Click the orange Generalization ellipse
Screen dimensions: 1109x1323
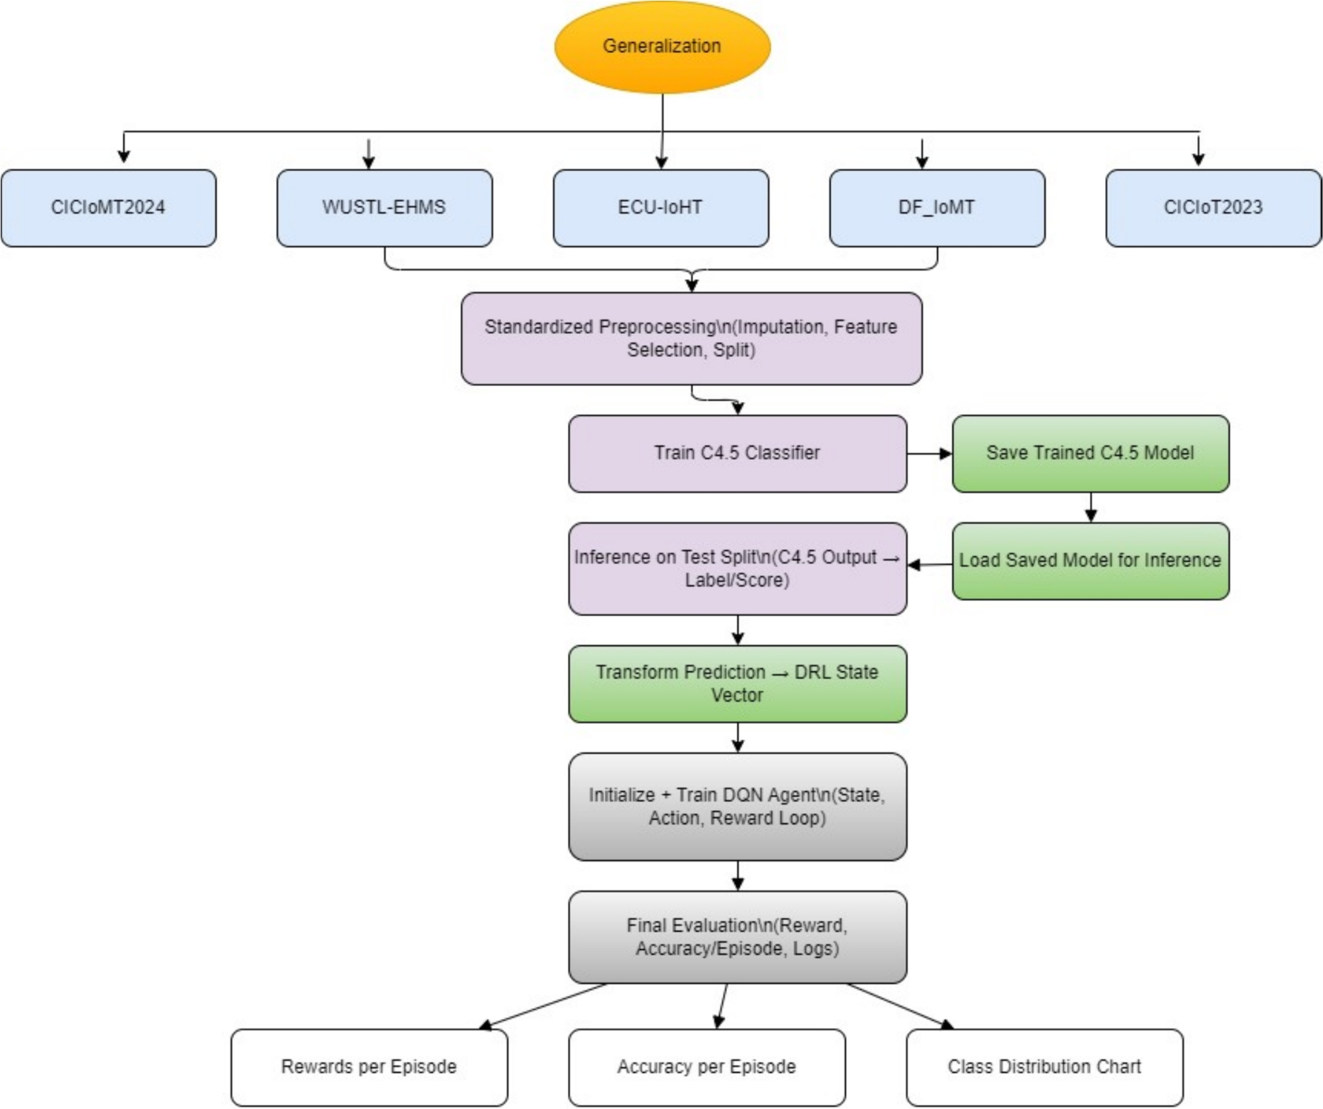tap(662, 46)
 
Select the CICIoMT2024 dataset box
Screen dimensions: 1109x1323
tap(108, 208)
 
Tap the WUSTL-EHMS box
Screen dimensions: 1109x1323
tap(384, 208)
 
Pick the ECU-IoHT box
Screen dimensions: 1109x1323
tap(660, 208)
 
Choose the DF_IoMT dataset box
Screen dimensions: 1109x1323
tap(937, 208)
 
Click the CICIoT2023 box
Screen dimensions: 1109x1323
tap(1213, 208)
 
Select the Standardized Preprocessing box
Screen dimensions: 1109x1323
tap(691, 339)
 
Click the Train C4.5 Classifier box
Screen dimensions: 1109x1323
tap(737, 454)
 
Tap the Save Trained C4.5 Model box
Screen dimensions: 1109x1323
tap(1091, 454)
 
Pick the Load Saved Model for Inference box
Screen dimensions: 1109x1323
tap(1091, 561)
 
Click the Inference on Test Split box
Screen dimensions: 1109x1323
tap(737, 569)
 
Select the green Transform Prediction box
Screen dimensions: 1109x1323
tap(737, 684)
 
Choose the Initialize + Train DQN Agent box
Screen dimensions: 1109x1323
tap(737, 807)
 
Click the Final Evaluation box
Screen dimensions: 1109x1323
tap(737, 937)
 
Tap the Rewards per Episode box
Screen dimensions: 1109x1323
tap(369, 1067)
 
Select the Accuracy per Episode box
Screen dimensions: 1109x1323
tap(706, 1067)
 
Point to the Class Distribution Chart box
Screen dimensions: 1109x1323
tap(1044, 1067)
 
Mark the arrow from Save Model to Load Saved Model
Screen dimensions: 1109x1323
tap(1091, 507)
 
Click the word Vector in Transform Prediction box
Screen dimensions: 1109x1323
tap(737, 696)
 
